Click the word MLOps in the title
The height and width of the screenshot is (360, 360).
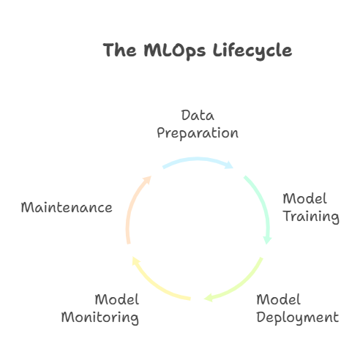[x=174, y=50]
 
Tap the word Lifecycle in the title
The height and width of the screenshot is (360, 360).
[x=252, y=50]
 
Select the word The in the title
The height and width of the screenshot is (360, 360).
[x=119, y=50]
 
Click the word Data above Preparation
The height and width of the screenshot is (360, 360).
[x=198, y=116]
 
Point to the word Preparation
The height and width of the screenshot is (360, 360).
[x=198, y=133]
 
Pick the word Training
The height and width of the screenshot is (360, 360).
[x=311, y=217]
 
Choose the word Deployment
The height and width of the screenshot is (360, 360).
[x=298, y=318]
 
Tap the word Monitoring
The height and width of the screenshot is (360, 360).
[x=100, y=318]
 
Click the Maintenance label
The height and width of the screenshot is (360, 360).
[x=67, y=208]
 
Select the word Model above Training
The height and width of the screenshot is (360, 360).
[x=304, y=198]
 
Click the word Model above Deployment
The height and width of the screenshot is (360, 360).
[x=278, y=299]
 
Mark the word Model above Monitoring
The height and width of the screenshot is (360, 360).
[x=117, y=299]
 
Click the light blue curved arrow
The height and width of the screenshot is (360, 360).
[x=197, y=159]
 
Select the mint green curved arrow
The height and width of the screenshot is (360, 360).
[x=263, y=203]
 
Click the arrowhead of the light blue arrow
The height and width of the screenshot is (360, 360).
[x=230, y=165]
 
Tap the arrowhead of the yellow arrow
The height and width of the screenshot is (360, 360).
[x=135, y=261]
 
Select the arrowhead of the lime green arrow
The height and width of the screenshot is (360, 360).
[x=208, y=298]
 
